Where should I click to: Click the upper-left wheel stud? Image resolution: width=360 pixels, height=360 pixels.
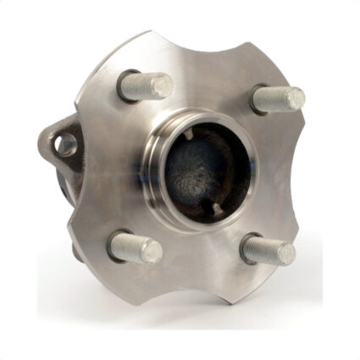point(149,86)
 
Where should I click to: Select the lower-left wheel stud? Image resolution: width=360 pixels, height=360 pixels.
point(136,246)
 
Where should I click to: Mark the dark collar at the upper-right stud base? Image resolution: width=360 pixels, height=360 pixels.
point(258,100)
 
